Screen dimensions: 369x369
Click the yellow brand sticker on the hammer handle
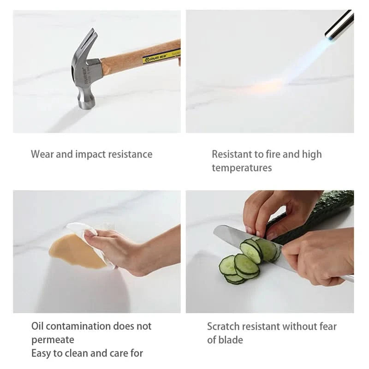(x=161, y=56)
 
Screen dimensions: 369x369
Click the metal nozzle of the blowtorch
(x=339, y=25)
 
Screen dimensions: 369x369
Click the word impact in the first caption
(x=90, y=155)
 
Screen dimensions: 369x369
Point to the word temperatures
(x=242, y=168)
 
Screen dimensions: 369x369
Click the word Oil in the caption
(x=37, y=326)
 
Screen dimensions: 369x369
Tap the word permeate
(x=53, y=340)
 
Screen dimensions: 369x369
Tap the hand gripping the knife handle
(x=320, y=256)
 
